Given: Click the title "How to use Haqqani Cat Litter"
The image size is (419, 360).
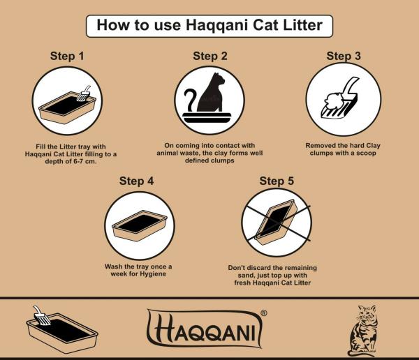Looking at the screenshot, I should [x=209, y=26].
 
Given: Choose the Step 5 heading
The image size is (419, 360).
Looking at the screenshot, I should [x=277, y=181].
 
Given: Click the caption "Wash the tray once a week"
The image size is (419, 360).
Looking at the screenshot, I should [x=138, y=271].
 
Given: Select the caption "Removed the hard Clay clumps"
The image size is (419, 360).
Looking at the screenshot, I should [x=343, y=149].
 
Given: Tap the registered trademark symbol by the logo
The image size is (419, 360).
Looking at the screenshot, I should [x=263, y=313].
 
